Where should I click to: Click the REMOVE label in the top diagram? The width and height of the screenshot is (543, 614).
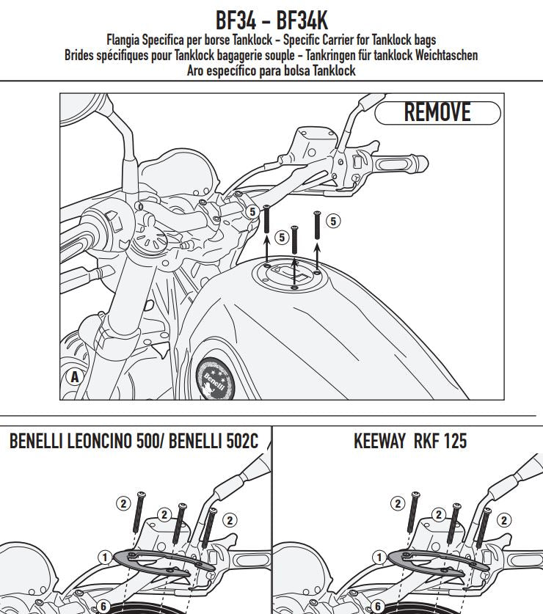[437, 112]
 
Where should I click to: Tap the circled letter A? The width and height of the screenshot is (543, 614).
[73, 379]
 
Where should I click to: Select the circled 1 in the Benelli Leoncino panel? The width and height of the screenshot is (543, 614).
[104, 558]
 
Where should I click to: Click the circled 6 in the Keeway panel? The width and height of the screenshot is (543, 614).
[377, 607]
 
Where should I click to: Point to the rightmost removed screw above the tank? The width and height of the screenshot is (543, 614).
[318, 224]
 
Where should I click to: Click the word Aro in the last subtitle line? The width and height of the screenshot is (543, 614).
[199, 70]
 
